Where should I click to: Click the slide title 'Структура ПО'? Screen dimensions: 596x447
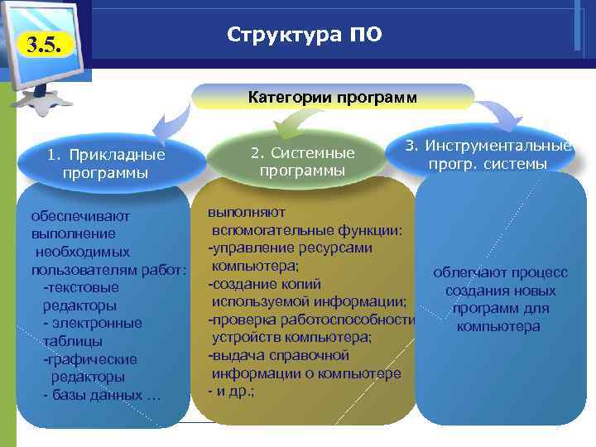click(304, 36)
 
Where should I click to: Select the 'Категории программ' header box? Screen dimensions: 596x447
click(333, 97)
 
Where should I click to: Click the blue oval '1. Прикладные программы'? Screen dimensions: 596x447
click(106, 164)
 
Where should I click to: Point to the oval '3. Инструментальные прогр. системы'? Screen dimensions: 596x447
click(488, 155)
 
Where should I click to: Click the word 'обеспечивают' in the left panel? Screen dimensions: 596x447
click(75, 216)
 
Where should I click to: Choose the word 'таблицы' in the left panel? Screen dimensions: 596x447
click(73, 341)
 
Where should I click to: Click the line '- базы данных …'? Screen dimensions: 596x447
click(102, 395)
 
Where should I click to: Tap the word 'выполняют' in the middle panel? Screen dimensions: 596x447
click(247, 213)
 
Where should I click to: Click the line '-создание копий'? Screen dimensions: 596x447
click(260, 284)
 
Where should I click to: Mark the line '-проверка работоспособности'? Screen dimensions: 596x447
click(310, 320)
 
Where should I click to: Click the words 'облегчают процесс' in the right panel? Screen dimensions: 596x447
click(500, 273)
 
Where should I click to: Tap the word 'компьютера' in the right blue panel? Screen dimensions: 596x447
click(498, 326)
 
